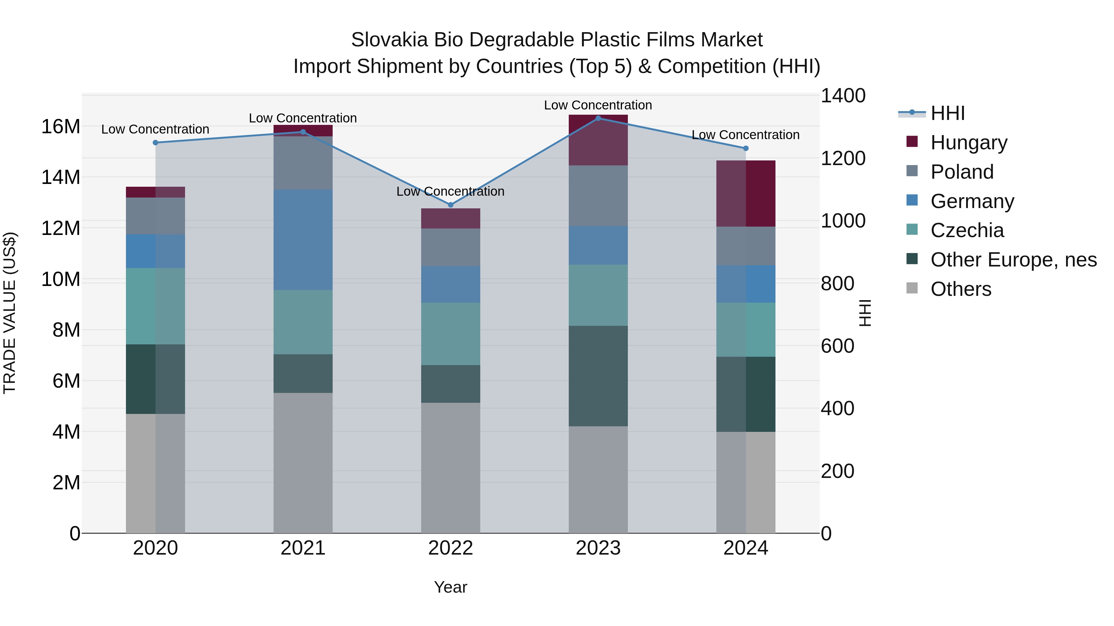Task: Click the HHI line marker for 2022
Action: (x=450, y=205)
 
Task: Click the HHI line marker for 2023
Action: (x=598, y=118)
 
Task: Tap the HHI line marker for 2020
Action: (x=155, y=143)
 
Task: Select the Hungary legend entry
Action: (x=968, y=143)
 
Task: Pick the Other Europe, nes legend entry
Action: (x=1013, y=260)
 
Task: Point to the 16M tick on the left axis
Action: (x=61, y=127)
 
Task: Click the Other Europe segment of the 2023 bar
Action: (x=598, y=376)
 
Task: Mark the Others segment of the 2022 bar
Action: (x=450, y=468)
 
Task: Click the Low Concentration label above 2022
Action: (x=450, y=191)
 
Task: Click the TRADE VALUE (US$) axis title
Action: (x=10, y=313)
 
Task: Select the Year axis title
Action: (x=450, y=587)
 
